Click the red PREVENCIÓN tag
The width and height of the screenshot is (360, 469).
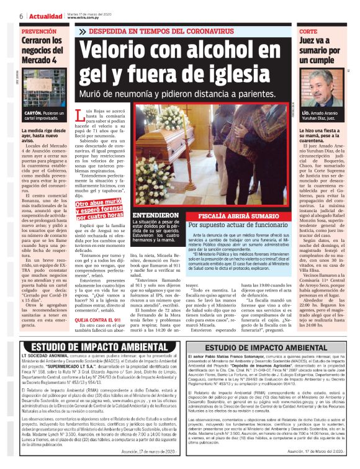pos(42,30)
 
